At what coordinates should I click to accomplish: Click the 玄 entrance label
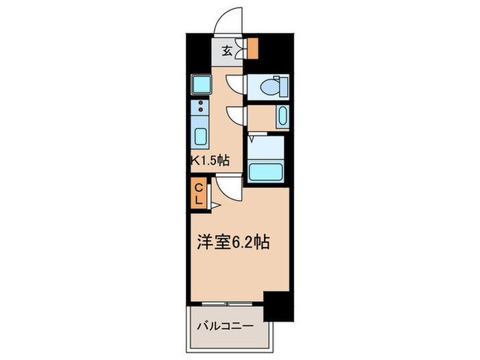[226, 51]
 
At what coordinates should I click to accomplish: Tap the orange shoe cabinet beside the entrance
[253, 49]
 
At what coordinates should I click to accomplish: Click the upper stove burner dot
[201, 104]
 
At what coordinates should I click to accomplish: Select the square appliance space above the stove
[202, 86]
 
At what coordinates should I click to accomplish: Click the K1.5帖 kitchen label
[210, 160]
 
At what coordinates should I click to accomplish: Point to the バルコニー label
[226, 326]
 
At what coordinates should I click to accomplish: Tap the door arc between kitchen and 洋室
[229, 186]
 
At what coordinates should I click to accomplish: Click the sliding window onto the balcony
[228, 303]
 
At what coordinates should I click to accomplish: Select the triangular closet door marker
[213, 204]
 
